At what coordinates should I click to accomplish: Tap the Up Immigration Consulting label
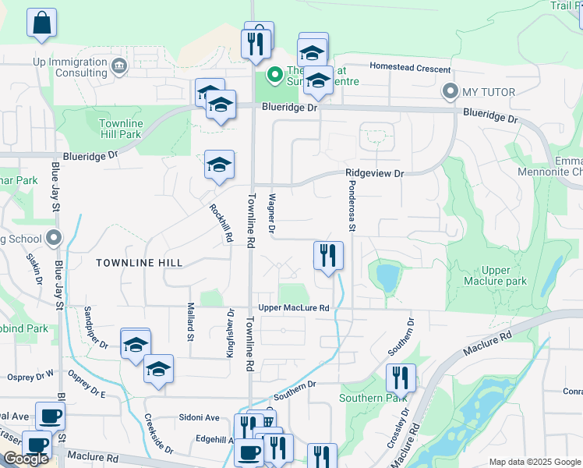point(59,67)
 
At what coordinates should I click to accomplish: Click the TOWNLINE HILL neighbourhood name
point(139,263)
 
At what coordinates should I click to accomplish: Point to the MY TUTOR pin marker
point(450,92)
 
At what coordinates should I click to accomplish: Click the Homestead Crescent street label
point(410,67)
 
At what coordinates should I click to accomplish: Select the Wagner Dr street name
point(272,214)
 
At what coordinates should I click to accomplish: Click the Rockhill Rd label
point(221,224)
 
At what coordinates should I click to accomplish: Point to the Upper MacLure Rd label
point(294,308)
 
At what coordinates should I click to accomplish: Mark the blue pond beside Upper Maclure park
point(387,276)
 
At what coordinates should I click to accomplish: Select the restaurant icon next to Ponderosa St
point(328,255)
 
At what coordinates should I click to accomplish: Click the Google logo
point(26,459)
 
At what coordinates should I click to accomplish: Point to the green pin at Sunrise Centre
point(274,75)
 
